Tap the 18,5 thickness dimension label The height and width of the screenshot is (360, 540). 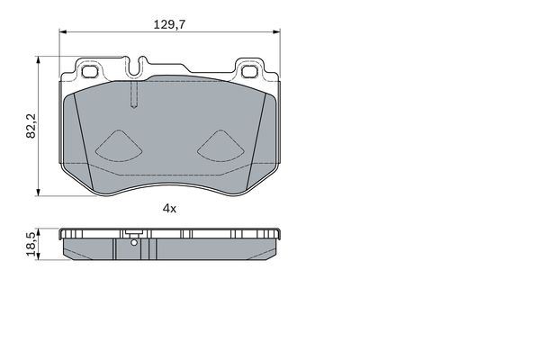(x=31, y=244)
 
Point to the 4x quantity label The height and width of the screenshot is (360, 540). (x=169, y=208)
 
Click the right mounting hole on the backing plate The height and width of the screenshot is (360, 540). (x=249, y=68)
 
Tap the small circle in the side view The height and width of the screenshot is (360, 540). (x=133, y=240)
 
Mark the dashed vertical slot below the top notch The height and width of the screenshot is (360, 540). (x=133, y=95)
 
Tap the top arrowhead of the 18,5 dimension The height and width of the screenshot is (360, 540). (x=38, y=229)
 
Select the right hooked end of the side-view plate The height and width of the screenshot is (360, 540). (x=277, y=235)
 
